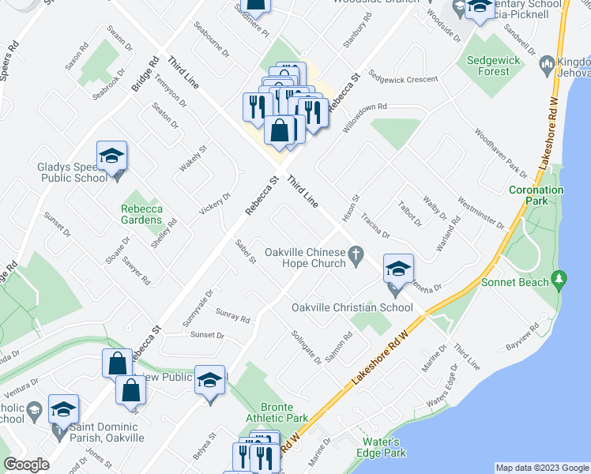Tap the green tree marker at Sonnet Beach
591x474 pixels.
[x=560, y=279]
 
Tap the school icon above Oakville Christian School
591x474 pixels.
[x=399, y=269]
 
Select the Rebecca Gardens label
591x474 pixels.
[x=141, y=214]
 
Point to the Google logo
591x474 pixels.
[x=27, y=465]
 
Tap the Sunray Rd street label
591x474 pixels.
[x=232, y=316]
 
